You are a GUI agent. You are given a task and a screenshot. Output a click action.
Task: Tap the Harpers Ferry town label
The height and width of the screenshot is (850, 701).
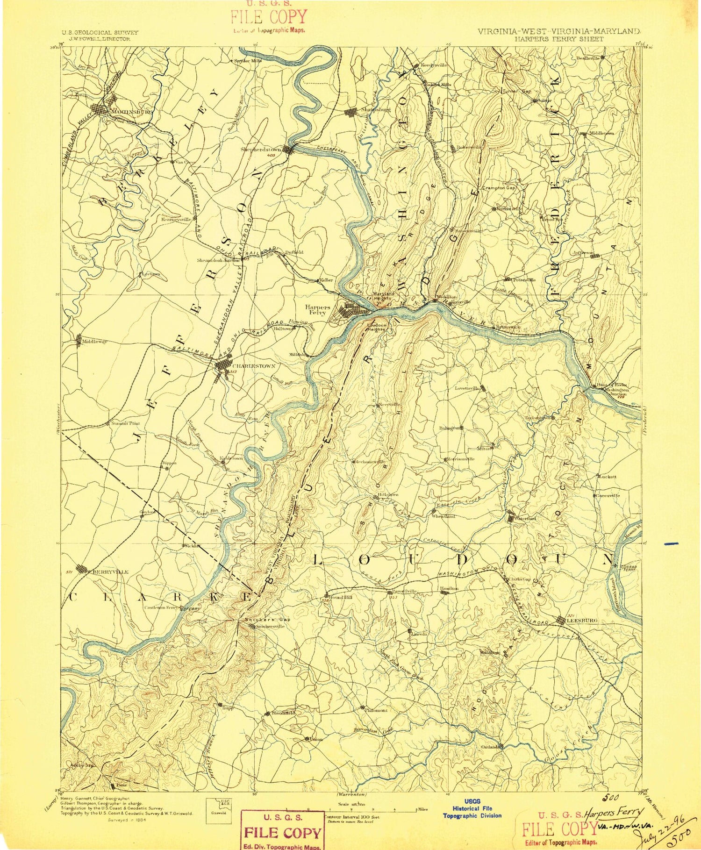click(x=318, y=310)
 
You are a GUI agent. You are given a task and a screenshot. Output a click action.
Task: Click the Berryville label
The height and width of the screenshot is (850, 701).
click(x=110, y=571)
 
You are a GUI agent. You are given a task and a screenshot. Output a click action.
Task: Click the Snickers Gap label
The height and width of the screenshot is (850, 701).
click(x=267, y=619)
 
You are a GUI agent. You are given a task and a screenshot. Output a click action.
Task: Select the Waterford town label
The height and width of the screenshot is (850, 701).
click(x=526, y=518)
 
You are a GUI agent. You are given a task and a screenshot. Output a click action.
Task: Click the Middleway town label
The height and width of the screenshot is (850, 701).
click(x=94, y=342)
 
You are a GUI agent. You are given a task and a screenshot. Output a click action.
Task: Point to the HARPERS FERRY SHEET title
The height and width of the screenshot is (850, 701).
click(x=559, y=39)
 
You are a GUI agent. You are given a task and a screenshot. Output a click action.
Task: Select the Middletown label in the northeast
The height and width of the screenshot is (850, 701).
click(x=601, y=134)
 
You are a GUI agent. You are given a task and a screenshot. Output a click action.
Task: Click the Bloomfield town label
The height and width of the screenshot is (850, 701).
click(x=283, y=713)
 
